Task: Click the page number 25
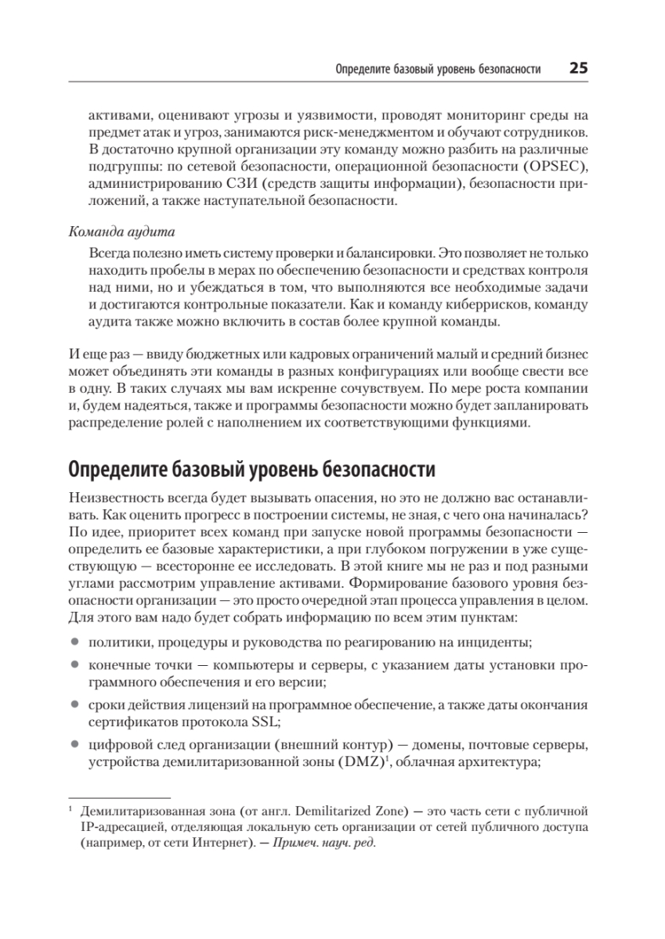point(578,68)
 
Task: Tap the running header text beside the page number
point(438,69)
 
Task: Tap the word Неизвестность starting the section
point(115,498)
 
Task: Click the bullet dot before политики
point(74,642)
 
